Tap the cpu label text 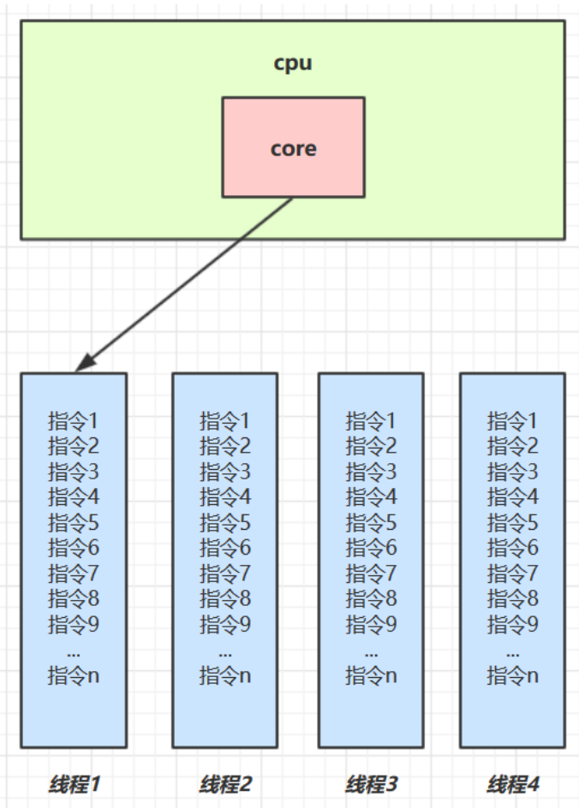point(293,63)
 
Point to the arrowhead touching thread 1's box point(82,365)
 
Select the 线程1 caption point(74,783)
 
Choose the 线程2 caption point(225,783)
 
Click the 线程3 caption point(372,783)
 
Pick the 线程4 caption point(513,783)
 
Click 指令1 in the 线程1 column point(74,420)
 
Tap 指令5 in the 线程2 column point(225,522)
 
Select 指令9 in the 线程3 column point(372,624)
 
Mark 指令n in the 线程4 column point(513,675)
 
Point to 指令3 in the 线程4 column point(513,471)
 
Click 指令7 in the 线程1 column point(74,573)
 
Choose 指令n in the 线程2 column point(225,675)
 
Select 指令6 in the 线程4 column point(513,548)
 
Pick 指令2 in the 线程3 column point(372,445)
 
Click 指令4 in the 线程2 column point(225,496)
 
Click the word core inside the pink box point(293,148)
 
